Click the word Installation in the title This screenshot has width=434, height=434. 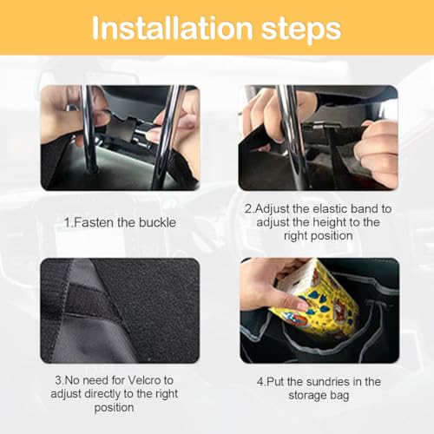click(165, 30)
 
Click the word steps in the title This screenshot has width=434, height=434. click(296, 30)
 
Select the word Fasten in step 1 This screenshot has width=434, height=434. click(92, 222)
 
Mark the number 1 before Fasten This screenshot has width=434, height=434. click(66, 222)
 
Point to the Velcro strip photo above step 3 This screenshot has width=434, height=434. click(119, 310)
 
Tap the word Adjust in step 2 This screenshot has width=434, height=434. click(273, 209)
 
